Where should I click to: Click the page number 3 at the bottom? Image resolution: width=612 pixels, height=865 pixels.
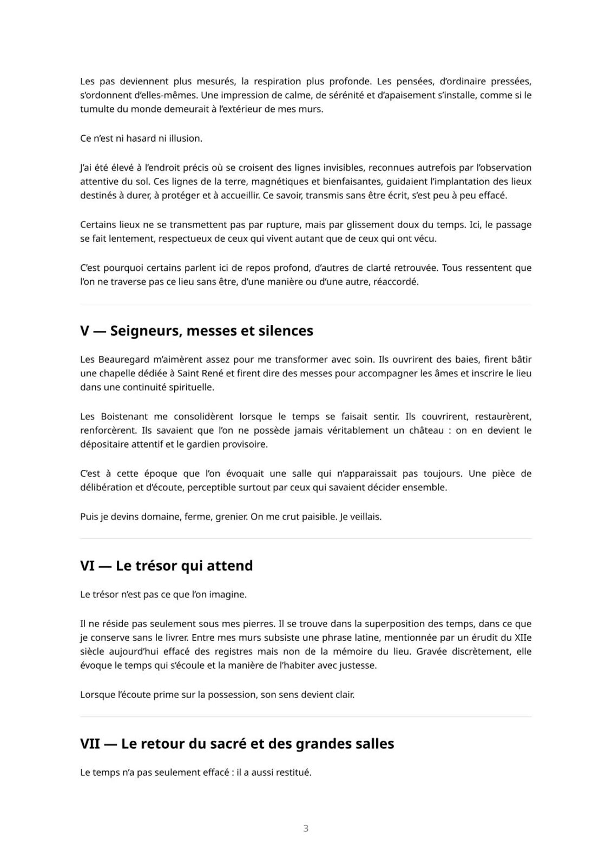[306, 828]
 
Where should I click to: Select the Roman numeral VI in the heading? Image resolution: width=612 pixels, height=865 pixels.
[87, 565]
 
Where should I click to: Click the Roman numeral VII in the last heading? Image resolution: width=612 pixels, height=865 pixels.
[90, 743]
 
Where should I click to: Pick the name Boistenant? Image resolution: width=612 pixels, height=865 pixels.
[130, 416]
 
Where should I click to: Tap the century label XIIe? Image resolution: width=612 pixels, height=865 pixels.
[522, 637]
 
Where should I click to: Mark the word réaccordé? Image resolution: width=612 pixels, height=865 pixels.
[396, 282]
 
